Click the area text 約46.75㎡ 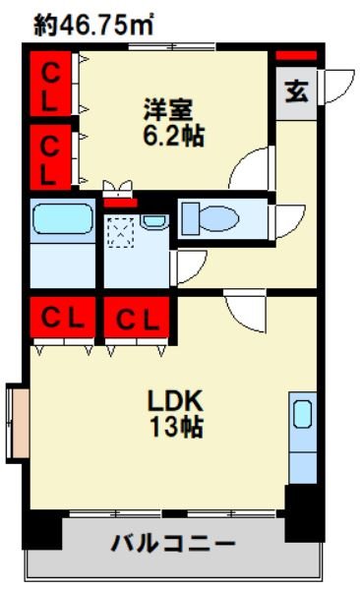[93, 25]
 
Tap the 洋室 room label [168, 109]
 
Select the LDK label [175, 401]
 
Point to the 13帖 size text [177, 427]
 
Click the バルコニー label [173, 543]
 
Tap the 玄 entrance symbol [296, 91]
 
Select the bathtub [63, 219]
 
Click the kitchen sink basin [302, 414]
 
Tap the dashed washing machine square [121, 232]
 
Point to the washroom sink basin [154, 222]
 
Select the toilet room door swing [287, 221]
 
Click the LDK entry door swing [246, 311]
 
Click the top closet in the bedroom [50, 84]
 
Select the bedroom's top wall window [172, 47]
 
